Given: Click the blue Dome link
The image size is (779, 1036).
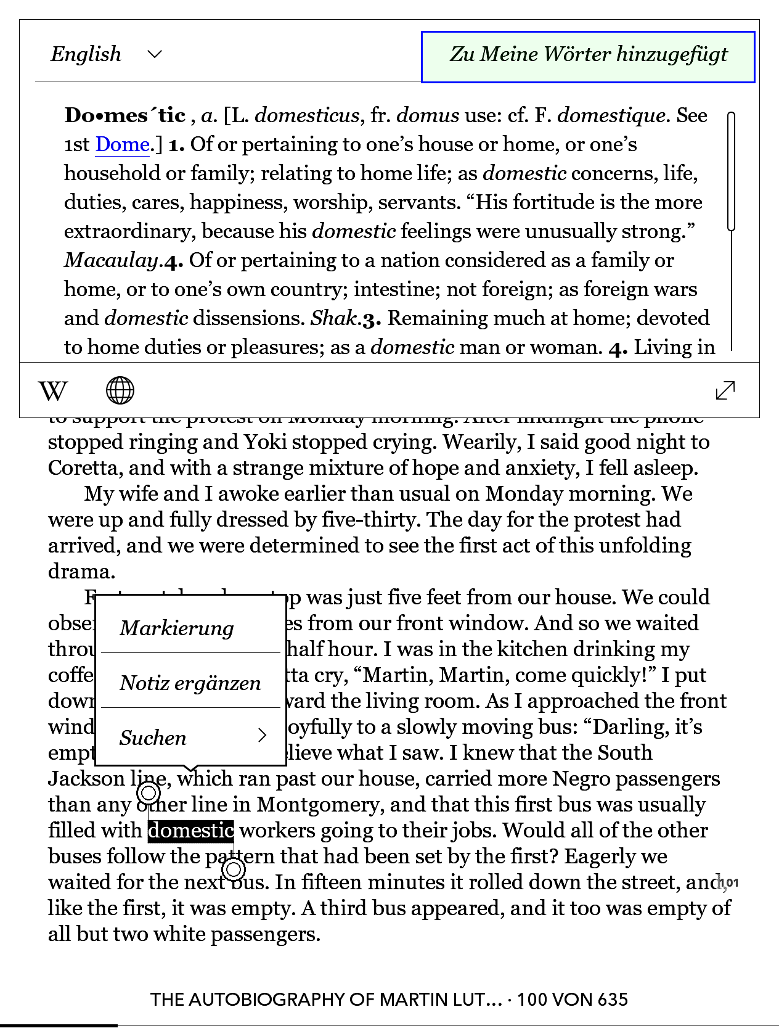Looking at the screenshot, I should [122, 145].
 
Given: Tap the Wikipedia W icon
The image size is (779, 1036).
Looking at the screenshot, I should [53, 391].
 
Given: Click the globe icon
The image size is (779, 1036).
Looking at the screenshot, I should [120, 390].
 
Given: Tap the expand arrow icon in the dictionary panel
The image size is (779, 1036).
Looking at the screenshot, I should [725, 390].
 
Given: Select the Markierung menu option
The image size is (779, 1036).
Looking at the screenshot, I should [177, 628].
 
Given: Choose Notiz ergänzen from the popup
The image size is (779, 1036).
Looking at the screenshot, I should [190, 683].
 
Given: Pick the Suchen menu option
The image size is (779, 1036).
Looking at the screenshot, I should [191, 738].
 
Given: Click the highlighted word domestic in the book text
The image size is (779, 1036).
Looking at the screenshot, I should [191, 831].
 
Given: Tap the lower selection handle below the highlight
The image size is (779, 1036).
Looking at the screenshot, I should [234, 869].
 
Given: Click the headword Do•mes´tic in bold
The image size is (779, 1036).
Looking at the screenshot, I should [125, 115].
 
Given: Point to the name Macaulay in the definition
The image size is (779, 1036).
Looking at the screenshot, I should [112, 260].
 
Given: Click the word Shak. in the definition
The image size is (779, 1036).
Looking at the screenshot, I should [335, 318].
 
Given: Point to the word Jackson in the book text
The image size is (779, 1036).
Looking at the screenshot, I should [86, 779].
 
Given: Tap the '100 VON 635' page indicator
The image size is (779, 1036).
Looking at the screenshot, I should [573, 1000].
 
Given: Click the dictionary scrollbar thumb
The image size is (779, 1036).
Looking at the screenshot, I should [732, 171].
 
